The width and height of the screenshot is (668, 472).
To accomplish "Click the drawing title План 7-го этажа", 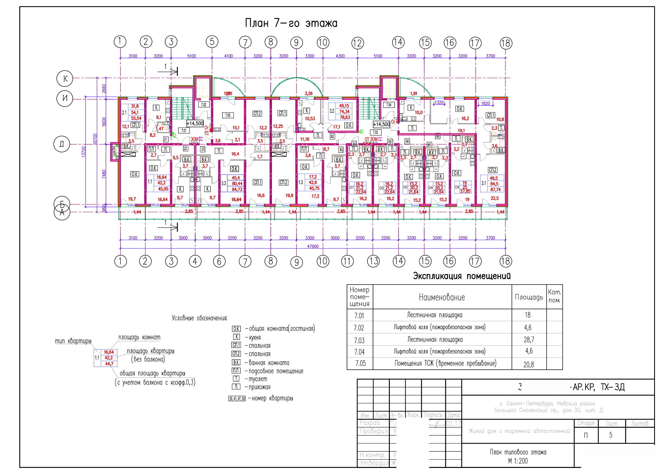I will [x=291, y=23].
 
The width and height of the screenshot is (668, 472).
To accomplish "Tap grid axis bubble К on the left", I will [x=65, y=78].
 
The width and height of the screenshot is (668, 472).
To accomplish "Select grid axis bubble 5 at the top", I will [x=212, y=42].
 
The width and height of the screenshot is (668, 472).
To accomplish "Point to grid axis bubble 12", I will [x=357, y=43].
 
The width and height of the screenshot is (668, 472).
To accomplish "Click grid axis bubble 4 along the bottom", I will [x=195, y=261].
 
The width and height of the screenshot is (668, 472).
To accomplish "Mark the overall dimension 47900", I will [x=313, y=247].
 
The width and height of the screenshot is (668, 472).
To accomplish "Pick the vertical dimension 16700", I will [x=95, y=141].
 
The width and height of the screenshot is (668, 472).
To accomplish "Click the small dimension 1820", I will [x=485, y=103].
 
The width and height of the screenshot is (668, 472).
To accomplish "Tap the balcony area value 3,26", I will [x=308, y=94].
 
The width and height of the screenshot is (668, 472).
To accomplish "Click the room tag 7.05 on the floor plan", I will [x=228, y=115].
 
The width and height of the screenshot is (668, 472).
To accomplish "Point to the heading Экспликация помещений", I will [x=462, y=276].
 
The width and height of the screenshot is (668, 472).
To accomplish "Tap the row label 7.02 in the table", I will [x=359, y=328].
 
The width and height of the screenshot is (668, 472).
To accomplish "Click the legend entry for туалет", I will [x=258, y=379].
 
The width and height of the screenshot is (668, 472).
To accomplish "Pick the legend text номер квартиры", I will [x=272, y=398].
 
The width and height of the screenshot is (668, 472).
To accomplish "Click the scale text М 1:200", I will [x=518, y=461].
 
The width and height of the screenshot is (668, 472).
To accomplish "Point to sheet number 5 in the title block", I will [x=611, y=435].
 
